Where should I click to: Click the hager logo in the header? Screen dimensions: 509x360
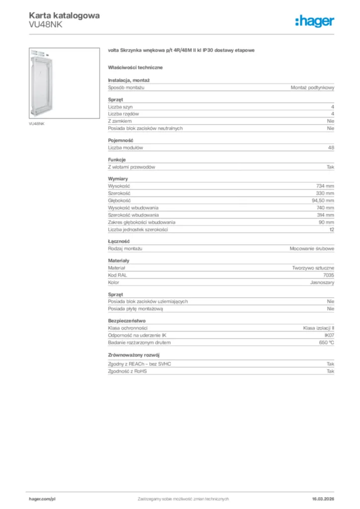pyautogui.click(x=315, y=21)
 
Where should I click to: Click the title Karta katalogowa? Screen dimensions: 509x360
pyautogui.click(x=64, y=15)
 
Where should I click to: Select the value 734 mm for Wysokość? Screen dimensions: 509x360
pyautogui.click(x=325, y=186)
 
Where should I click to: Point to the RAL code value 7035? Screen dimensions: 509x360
pyautogui.click(x=329, y=275)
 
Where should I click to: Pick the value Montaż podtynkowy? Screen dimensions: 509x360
pyautogui.click(x=312, y=87)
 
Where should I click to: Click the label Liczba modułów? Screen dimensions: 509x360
pyautogui.click(x=126, y=148)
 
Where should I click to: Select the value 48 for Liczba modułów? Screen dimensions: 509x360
pyautogui.click(x=331, y=148)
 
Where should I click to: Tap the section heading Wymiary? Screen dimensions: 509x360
pyautogui.click(x=118, y=178)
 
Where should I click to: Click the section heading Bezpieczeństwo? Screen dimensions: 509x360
pyautogui.click(x=127, y=321)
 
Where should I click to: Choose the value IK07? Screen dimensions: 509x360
pyautogui.click(x=329, y=336)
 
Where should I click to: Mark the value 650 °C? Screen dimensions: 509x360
pyautogui.click(x=327, y=343)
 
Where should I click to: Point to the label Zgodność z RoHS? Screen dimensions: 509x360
pyautogui.click(x=128, y=371)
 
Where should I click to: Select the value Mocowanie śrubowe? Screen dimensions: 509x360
pyautogui.click(x=312, y=248)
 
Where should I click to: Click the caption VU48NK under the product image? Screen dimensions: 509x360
pyautogui.click(x=36, y=123)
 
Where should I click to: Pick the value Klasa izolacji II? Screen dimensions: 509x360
pyautogui.click(x=319, y=328)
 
